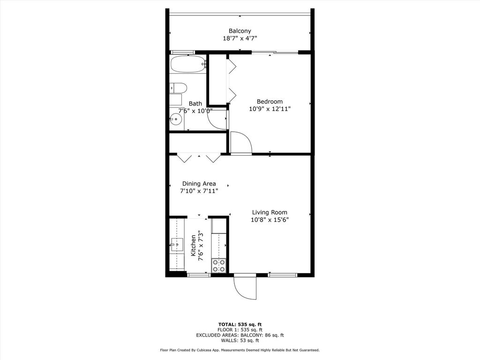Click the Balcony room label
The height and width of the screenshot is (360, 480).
point(240,31)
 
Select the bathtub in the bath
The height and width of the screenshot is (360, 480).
point(188,64)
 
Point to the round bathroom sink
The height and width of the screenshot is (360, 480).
point(176,120)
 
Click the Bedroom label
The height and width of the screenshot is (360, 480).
point(270,102)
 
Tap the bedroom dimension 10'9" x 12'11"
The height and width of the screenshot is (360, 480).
point(270,109)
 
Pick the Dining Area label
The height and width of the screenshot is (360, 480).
point(199,184)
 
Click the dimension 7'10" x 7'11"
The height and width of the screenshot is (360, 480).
point(199,191)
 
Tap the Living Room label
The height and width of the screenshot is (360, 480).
point(270,212)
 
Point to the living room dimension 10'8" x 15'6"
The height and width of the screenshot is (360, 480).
point(270,219)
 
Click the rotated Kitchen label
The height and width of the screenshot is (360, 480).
point(193,246)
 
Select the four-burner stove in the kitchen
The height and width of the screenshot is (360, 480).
point(218,266)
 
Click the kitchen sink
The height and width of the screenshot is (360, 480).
point(177,244)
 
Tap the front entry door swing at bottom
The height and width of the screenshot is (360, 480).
point(245,288)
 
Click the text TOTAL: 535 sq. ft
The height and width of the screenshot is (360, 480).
point(240,324)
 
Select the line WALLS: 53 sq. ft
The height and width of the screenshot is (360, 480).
point(240,340)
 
